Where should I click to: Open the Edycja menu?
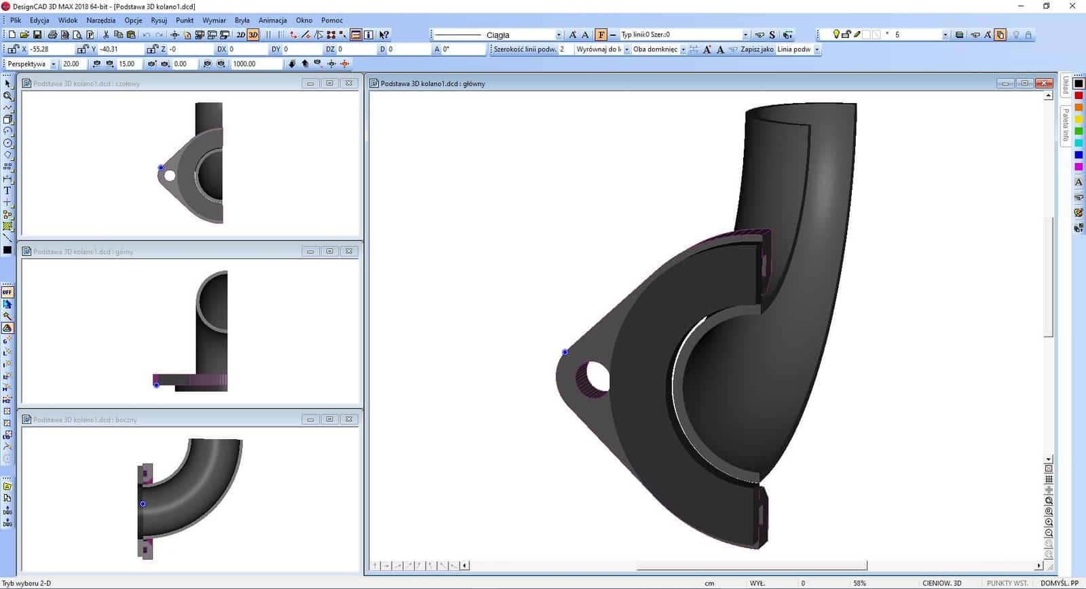coord(39,20)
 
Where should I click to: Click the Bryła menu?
coord(242,20)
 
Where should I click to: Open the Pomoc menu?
coord(332,20)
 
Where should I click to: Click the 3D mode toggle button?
coord(253,35)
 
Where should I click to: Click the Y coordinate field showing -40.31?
coord(119,49)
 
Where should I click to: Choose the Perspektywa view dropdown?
coord(31,64)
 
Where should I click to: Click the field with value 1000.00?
coord(255,64)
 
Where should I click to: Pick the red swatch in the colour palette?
coord(1079,96)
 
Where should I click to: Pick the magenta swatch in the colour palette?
coord(1079,167)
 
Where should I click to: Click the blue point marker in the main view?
coord(565,352)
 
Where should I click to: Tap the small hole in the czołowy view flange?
coord(170,176)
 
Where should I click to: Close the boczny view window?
coord(349,419)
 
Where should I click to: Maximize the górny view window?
coord(329,251)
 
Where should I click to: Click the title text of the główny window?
coord(432,83)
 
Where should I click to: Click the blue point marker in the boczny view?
coord(143,504)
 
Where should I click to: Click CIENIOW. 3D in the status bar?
coord(941,583)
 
